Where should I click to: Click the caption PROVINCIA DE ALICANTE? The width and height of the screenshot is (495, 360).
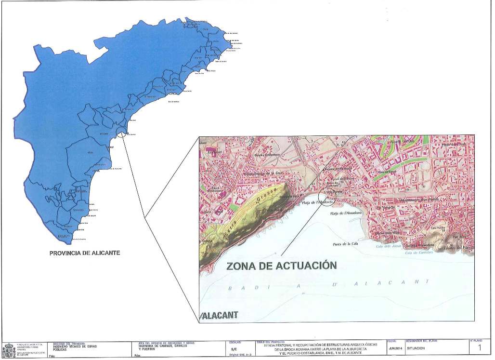85,253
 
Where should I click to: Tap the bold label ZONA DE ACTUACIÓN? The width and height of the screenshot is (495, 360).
281,266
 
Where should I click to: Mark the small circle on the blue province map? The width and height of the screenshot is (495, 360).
121,133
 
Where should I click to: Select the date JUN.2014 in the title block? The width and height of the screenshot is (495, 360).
395,348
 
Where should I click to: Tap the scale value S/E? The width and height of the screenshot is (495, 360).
234,348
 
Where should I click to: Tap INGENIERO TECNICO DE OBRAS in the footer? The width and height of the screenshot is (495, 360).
73,347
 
